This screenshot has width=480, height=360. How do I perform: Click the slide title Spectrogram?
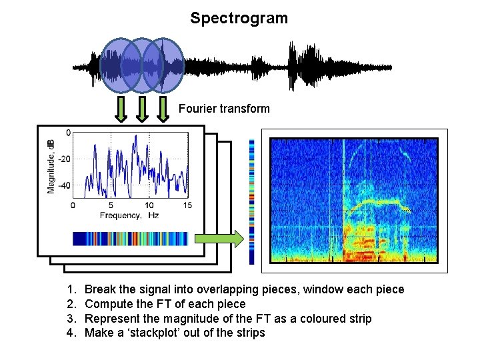tap(239, 18)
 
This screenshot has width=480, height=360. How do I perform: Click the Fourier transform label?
tap(224, 108)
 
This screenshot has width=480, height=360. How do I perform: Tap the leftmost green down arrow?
tap(121, 109)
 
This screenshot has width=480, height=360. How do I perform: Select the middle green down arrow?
tap(142, 109)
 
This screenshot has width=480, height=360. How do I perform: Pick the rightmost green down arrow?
tap(163, 109)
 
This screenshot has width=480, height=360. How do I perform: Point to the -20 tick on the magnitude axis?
tap(65, 159)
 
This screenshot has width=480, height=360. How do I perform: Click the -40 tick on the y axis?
tap(65, 186)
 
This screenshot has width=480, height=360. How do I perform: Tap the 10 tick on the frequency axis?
tap(149, 206)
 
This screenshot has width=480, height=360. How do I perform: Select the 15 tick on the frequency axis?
tap(187, 206)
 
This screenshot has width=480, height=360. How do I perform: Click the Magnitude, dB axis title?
tap(51, 167)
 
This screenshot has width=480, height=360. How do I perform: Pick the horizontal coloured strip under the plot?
tap(131, 239)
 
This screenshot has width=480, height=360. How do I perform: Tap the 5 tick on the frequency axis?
tap(111, 206)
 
